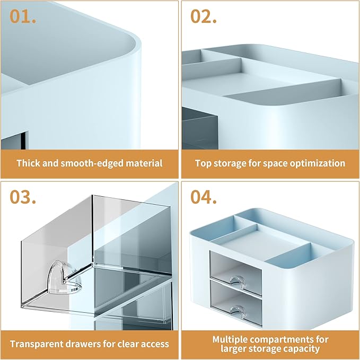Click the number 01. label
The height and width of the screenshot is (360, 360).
pos(23,16)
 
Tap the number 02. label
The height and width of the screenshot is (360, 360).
pos(204,16)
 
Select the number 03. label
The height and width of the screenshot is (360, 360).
pos(23,197)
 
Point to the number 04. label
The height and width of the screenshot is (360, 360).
pos(204,197)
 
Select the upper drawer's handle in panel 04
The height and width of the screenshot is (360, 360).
pos(238,282)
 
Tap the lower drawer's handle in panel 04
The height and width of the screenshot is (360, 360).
pos(238,311)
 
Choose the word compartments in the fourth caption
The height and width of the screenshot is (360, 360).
pos(285,339)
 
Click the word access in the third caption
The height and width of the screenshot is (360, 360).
pos(155,344)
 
